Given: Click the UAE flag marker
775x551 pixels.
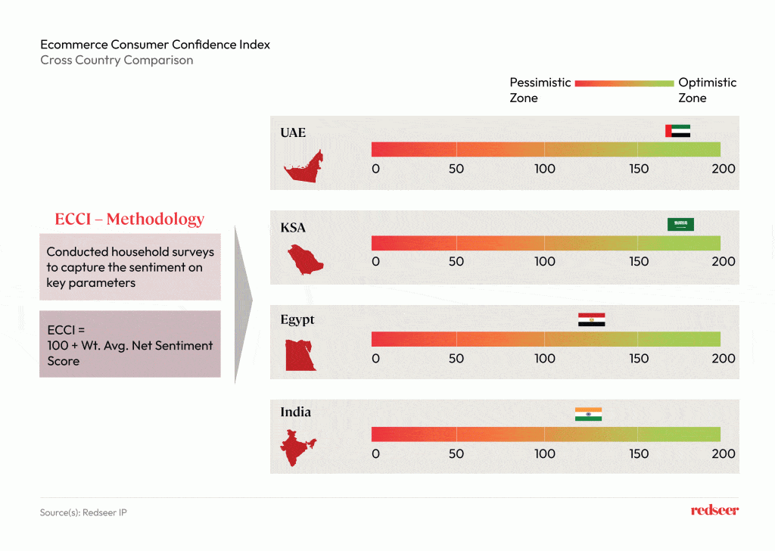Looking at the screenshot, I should click(678, 131).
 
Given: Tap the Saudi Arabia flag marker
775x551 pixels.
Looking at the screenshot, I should click(680, 224).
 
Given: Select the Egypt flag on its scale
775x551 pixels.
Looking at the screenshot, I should click(591, 319).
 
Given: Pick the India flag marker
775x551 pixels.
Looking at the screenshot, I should click(588, 414).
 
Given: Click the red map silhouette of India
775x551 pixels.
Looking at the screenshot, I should click(299, 448).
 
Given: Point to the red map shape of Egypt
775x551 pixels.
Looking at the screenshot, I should click(300, 355).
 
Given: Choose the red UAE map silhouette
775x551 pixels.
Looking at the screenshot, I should click(303, 168).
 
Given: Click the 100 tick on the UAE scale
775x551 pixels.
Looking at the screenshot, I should click(545, 169).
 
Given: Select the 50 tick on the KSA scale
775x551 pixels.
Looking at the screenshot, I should click(456, 262).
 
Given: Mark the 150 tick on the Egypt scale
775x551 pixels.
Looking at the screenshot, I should click(639, 358).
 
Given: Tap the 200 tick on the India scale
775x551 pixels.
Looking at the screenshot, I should click(724, 453).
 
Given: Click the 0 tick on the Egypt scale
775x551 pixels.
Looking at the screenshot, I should click(375, 358).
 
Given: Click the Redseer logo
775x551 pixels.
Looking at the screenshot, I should click(714, 511).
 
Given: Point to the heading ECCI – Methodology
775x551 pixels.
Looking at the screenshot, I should click(129, 219).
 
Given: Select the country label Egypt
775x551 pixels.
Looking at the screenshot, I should click(297, 319).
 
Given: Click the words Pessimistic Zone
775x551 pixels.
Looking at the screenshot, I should click(540, 90).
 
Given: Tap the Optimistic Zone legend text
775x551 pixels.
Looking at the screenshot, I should click(707, 90).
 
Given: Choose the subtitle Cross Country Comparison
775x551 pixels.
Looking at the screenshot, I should click(117, 61).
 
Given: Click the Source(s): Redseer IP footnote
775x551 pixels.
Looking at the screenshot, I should click(83, 513).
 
